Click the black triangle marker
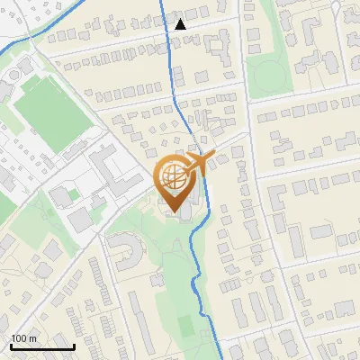pyautogui.click(x=180, y=24)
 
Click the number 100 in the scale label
pyautogui.click(x=20, y=338)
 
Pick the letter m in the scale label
pyautogui.click(x=33, y=338)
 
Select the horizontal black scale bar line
pyautogui.click(x=42, y=346)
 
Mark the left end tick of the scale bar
pyautogui.click(x=11, y=345)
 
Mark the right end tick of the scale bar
pyautogui.click(x=74, y=345)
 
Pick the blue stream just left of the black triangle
pyautogui.click(x=167, y=27)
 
